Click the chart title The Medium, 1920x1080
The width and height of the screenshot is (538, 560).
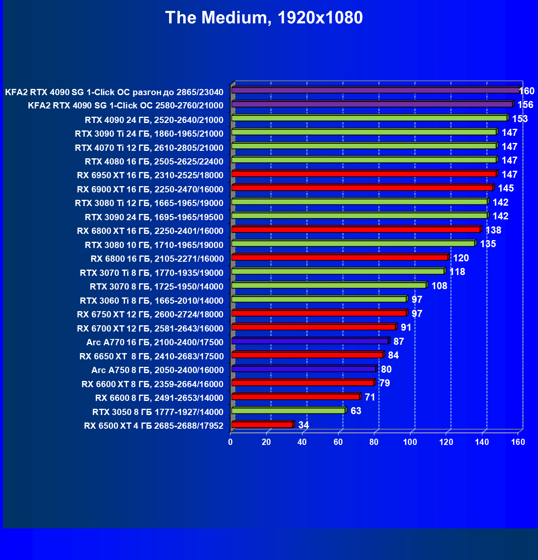point(264,17)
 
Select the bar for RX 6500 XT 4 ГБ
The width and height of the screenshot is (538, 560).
point(262,425)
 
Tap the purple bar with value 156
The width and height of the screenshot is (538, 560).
point(372,104)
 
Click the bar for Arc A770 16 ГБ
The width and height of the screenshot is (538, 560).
point(310,341)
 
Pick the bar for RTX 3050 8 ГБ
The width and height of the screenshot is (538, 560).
point(288,411)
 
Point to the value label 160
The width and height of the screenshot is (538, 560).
point(527,91)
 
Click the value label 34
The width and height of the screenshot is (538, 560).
point(304,425)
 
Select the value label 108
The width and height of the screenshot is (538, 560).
point(440,286)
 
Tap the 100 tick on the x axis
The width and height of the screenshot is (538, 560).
point(410,442)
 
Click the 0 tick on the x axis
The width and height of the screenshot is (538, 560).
point(231,442)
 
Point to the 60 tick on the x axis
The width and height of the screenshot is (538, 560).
point(338,442)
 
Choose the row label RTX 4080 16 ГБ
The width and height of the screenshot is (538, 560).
point(154,162)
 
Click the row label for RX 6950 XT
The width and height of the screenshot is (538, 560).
point(150,175)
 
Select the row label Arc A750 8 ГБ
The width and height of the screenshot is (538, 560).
point(157,370)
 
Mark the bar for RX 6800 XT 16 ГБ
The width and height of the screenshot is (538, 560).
point(356,229)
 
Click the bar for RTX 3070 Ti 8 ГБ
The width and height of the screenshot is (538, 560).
point(338,271)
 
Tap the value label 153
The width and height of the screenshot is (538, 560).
point(520,119)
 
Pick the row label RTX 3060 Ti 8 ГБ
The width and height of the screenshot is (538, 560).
point(152,301)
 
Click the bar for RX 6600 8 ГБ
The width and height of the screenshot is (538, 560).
point(295,397)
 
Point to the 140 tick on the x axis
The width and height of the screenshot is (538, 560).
point(482,442)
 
